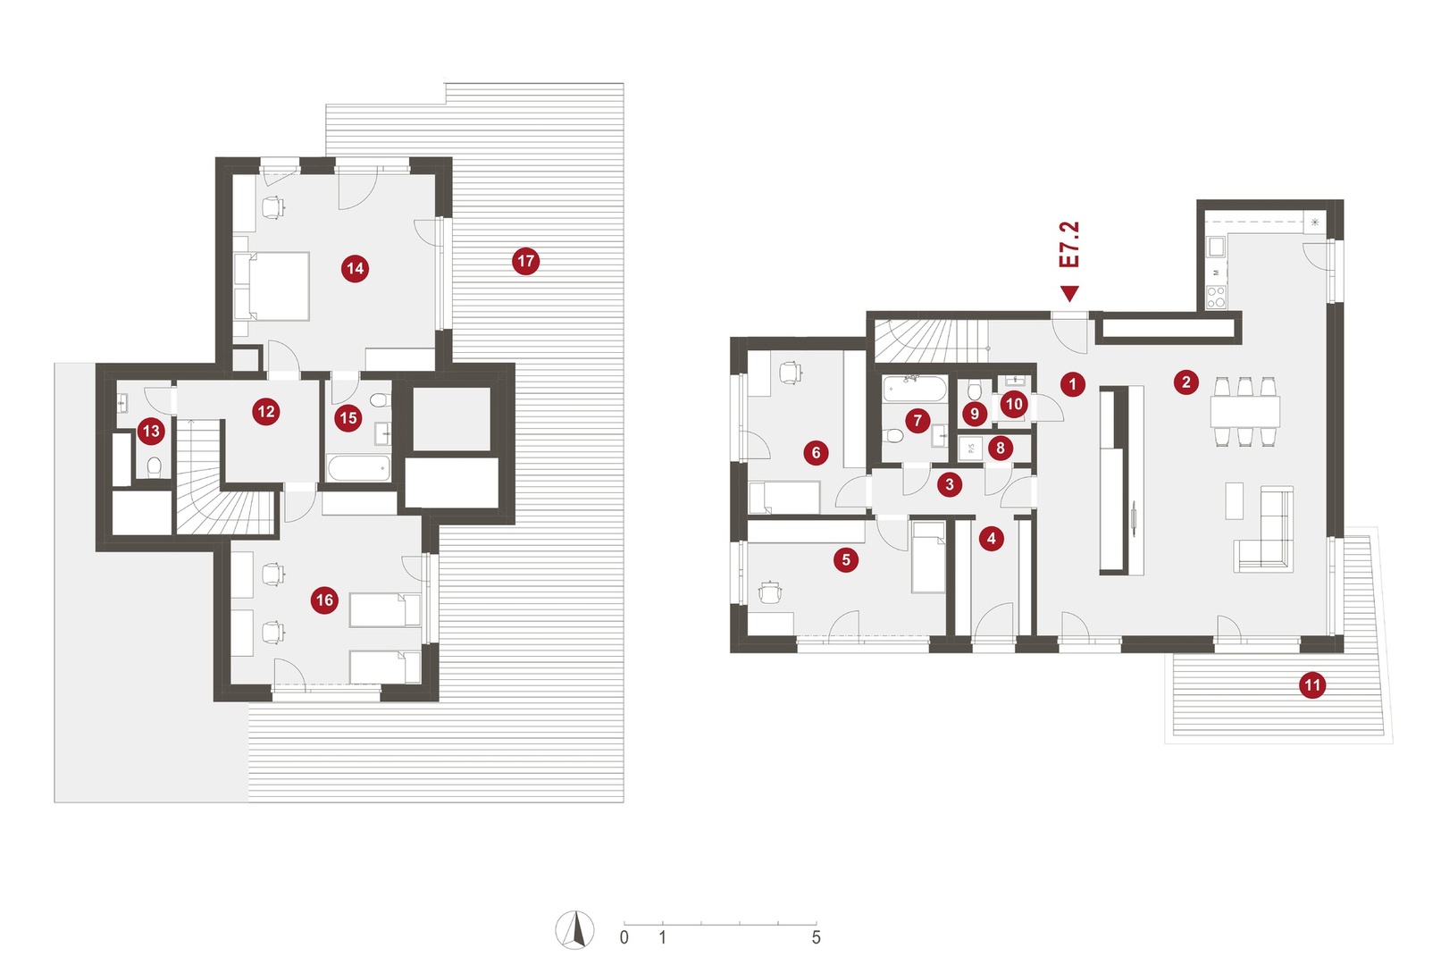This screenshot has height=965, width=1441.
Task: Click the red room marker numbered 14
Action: click(355, 268)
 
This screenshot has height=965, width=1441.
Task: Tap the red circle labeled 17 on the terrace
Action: click(525, 261)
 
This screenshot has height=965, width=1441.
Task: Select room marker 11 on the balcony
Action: click(1312, 685)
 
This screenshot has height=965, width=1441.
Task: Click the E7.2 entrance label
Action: click(1069, 245)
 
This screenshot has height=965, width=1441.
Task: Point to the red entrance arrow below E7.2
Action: click(1070, 294)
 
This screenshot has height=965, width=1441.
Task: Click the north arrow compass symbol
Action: click(574, 930)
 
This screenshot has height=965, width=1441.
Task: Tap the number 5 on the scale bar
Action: click(816, 938)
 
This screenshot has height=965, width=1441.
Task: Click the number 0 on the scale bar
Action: click(624, 938)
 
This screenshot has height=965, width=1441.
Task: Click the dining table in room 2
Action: click(1244, 412)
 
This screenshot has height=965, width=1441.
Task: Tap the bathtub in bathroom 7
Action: click(914, 390)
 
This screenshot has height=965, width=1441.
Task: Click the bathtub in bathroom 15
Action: click(358, 467)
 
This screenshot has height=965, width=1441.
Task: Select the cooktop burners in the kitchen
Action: click(1216, 298)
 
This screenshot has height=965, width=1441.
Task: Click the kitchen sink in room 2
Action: click(1216, 247)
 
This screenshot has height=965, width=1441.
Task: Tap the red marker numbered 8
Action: click(1000, 448)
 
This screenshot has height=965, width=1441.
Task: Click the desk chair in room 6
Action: click(790, 373)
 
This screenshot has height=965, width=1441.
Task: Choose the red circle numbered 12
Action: click(265, 412)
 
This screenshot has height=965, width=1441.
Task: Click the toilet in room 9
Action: click(974, 390)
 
